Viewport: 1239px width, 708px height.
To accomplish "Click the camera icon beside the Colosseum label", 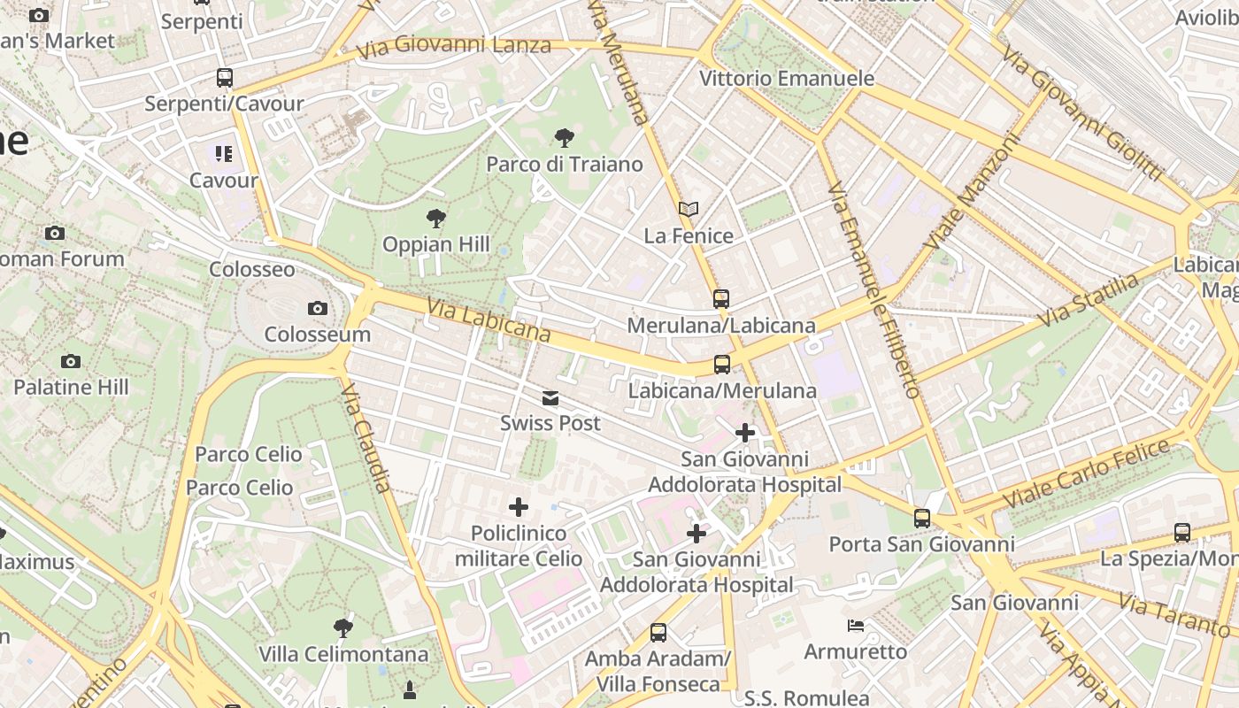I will [x=317, y=308].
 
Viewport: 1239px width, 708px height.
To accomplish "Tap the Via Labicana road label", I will [x=489, y=319].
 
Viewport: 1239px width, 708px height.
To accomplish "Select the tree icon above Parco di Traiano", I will [x=564, y=137].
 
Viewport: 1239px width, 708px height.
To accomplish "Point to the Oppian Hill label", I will [x=435, y=244].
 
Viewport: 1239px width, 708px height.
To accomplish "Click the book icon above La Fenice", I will [x=689, y=210].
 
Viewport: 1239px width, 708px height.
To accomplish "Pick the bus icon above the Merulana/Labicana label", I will [x=721, y=299].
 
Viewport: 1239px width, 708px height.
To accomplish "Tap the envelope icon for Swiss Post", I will [x=550, y=398].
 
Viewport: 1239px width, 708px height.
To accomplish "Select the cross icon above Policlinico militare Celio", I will [x=519, y=507].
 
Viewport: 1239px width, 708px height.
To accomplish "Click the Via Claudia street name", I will [x=366, y=435].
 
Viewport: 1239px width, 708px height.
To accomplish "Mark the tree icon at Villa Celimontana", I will [x=343, y=628].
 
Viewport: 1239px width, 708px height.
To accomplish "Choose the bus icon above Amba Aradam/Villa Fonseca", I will [x=658, y=632].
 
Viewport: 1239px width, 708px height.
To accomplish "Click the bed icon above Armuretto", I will [x=856, y=626].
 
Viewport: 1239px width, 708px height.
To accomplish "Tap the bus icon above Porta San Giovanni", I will [x=922, y=519].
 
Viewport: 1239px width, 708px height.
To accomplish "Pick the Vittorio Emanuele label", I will [x=787, y=78].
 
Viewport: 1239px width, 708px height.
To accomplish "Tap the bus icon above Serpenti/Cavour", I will [x=225, y=78].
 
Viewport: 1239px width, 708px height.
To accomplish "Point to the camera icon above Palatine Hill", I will [x=71, y=361].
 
